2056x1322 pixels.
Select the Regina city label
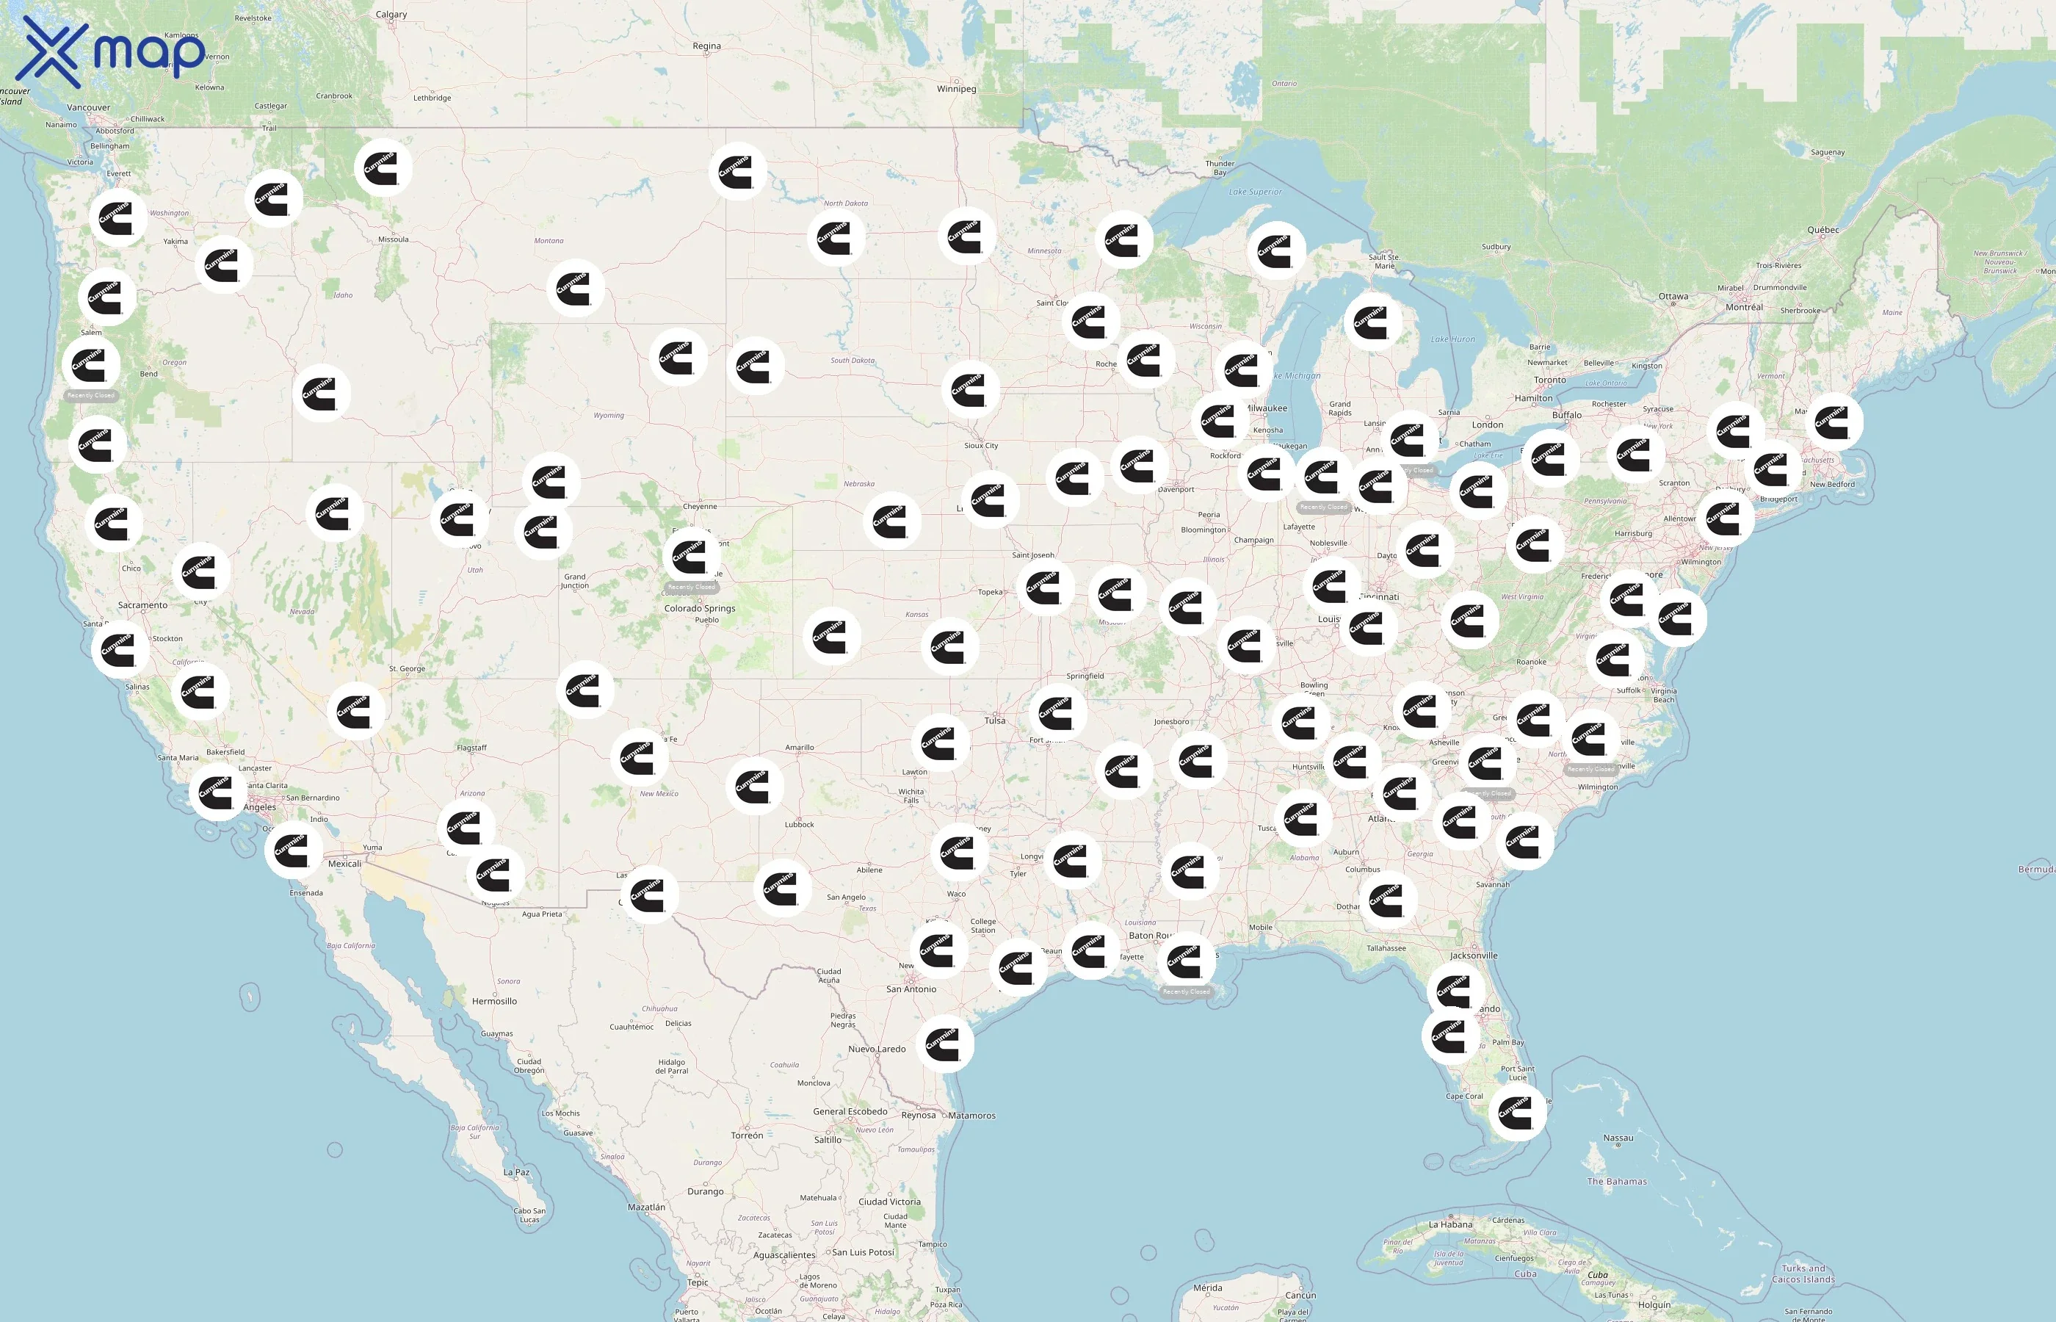[706, 46]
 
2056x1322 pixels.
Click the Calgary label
[391, 15]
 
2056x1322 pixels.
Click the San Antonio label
[911, 989]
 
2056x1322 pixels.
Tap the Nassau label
[1618, 1138]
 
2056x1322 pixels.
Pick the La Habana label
[1451, 1224]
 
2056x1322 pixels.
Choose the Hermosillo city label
[494, 1001]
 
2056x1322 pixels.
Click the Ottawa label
[1673, 296]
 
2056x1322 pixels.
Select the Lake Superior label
[1255, 192]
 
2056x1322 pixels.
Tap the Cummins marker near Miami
[1516, 1113]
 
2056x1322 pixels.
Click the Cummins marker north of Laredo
[945, 1043]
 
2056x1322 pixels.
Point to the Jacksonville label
[1474, 956]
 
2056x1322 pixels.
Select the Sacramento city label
[142, 605]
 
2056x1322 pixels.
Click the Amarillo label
[799, 748]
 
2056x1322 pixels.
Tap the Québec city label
[1822, 230]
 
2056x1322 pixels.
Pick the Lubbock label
[799, 825]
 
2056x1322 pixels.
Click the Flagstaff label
[471, 748]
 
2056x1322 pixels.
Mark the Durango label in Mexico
[706, 1191]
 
